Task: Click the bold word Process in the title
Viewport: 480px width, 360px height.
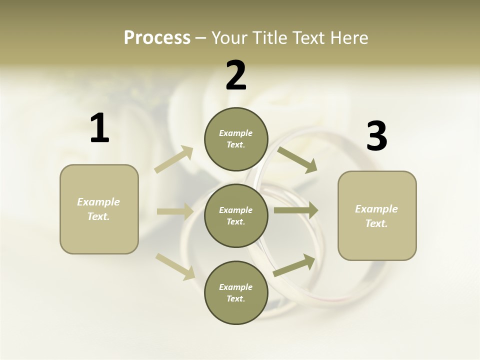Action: coord(157,38)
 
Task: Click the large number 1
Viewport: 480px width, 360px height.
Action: coord(99,128)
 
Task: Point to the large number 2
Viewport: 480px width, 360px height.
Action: coord(236,75)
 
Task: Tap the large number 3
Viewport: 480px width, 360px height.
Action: coord(376,136)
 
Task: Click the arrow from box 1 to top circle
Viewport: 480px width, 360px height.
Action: coord(174,159)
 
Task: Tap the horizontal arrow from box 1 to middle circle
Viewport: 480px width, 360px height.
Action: coord(175,211)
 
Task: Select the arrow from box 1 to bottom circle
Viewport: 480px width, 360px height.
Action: coord(175,266)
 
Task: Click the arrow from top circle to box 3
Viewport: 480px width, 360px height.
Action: coord(297,159)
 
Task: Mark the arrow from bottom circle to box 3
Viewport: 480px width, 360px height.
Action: coord(294,265)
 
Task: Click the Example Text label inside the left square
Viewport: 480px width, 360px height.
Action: coord(98,209)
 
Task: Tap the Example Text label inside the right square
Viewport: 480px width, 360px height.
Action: coord(376,216)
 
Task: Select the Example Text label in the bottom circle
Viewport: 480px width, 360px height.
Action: coord(236,293)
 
